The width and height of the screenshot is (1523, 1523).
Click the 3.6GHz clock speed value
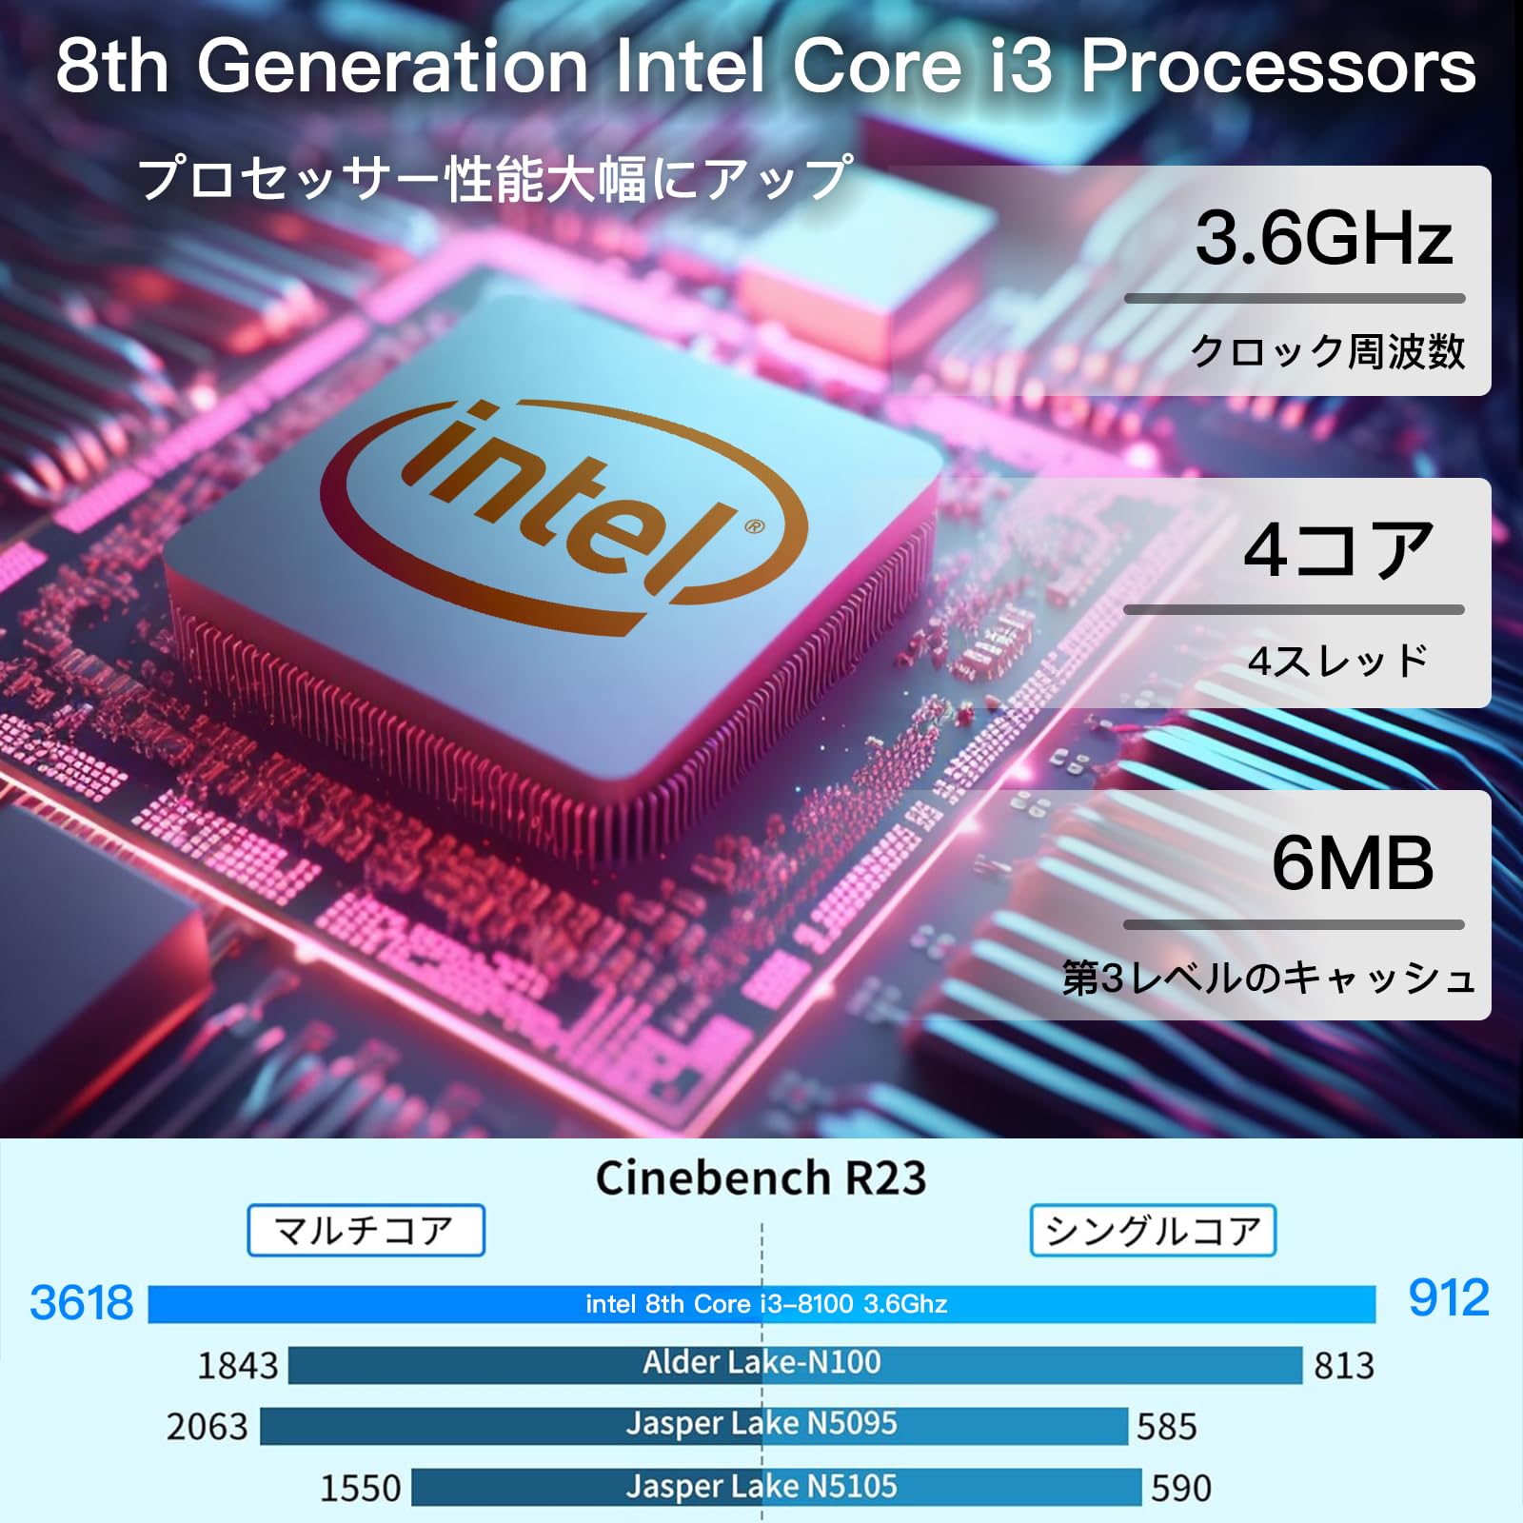(1323, 238)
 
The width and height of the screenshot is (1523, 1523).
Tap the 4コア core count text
(1338, 550)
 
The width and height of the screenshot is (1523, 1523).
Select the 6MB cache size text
(1352, 862)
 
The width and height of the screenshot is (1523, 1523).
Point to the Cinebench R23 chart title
(761, 1177)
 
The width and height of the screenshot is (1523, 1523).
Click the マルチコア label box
(366, 1230)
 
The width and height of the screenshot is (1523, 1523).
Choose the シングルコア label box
(1152, 1230)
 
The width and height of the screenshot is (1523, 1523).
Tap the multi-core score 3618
(82, 1302)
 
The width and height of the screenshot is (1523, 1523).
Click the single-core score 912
(1448, 1297)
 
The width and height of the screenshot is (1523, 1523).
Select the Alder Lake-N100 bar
(795, 1364)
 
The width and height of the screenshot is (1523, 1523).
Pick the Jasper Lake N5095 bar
(694, 1425)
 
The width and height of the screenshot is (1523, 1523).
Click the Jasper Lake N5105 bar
(776, 1487)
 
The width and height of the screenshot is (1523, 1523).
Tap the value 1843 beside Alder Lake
(237, 1366)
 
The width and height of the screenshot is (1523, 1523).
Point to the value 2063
(207, 1427)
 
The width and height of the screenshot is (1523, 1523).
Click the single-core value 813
(1343, 1366)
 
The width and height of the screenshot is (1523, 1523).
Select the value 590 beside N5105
(1180, 1488)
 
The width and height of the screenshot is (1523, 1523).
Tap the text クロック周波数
(1327, 351)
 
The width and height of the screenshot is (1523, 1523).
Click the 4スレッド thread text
(1337, 661)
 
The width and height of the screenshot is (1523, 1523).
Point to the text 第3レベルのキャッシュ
(1268, 978)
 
